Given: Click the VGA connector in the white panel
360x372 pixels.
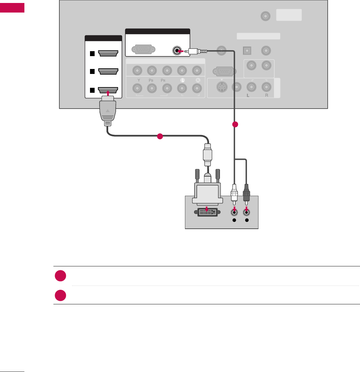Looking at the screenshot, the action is pos(142,50).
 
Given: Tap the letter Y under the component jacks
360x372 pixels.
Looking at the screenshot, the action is pos(136,80).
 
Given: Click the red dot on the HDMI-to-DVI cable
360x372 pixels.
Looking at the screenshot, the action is pos(160,136).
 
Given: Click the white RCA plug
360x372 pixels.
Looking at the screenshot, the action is pos(234,196).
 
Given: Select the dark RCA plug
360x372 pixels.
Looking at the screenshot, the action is pos(246,196).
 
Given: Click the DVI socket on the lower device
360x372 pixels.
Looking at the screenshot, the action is pos(207,212).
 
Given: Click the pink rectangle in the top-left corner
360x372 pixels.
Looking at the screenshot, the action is pos(12,8).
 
